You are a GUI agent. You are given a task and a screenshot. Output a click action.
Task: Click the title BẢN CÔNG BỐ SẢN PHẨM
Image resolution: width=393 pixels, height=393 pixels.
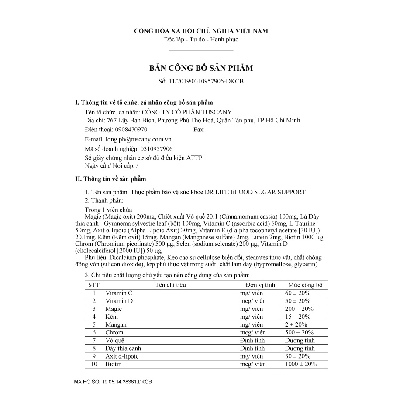[x=201, y=69]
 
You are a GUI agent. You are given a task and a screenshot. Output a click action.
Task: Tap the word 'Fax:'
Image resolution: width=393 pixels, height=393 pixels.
[x=199, y=130]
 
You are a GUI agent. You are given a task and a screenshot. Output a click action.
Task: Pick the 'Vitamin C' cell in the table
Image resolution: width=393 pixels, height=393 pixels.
[x=119, y=293]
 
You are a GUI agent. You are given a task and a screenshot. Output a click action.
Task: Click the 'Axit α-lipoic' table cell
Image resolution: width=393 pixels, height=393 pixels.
[x=122, y=356]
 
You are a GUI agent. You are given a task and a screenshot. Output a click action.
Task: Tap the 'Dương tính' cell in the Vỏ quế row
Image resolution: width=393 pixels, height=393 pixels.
[x=300, y=341]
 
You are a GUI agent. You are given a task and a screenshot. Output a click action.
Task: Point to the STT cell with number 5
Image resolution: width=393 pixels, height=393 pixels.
[x=94, y=324]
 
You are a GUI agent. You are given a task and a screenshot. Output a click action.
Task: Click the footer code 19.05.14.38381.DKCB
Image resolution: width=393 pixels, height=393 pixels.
[x=127, y=382]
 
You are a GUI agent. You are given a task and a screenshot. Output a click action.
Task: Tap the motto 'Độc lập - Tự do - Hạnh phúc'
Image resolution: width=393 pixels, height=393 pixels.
[x=201, y=40]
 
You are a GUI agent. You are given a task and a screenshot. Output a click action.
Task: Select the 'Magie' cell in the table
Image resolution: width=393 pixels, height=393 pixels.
[x=114, y=309]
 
